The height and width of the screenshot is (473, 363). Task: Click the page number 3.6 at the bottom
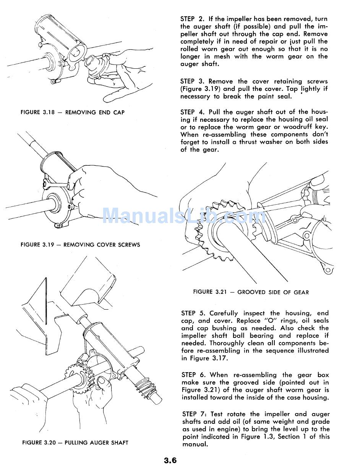pos(170,460)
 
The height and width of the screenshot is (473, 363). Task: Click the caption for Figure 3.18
pos(73,112)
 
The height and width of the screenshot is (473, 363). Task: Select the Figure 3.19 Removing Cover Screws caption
pos(80,245)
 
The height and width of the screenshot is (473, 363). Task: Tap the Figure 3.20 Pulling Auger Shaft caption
pos(75,443)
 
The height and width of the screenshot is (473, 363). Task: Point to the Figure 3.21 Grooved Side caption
pos(251,292)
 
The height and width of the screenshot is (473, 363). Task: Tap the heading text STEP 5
pos(193,313)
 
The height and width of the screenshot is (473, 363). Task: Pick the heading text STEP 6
pos(193,375)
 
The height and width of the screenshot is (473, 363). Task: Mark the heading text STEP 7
pos(193,414)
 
